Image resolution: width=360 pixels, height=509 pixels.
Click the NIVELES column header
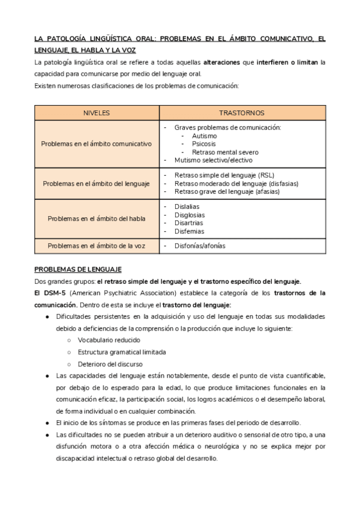[x=96, y=113]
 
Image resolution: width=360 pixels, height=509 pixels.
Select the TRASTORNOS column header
[x=242, y=113]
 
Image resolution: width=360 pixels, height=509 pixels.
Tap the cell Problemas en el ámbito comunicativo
[x=96, y=143]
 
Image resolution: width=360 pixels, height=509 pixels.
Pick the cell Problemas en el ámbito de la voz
[x=96, y=245]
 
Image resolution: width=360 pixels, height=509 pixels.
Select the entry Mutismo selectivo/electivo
[x=213, y=160]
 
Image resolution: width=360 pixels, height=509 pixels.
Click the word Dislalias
[x=187, y=206]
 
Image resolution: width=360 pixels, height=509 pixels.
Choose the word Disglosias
[x=189, y=214]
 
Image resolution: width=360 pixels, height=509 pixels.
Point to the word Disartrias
[x=189, y=223]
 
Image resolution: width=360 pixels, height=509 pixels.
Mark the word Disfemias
[x=189, y=231]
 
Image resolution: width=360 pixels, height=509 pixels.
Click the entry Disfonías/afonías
[x=202, y=245]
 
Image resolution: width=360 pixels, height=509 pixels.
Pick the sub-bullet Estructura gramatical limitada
[x=118, y=352]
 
